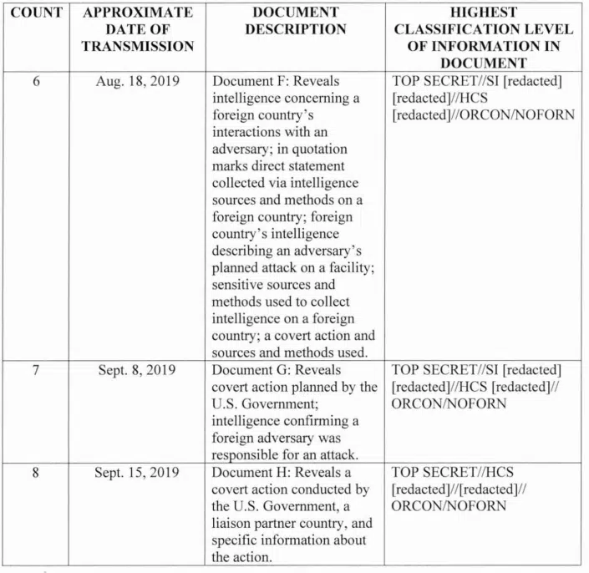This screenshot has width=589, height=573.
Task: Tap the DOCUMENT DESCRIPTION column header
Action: [x=295, y=21]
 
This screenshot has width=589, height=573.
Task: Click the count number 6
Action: [x=36, y=82]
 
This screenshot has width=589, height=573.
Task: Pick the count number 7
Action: [x=36, y=370]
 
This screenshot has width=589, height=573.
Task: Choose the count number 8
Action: [x=36, y=472]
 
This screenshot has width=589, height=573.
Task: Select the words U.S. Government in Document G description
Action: [x=261, y=404]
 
